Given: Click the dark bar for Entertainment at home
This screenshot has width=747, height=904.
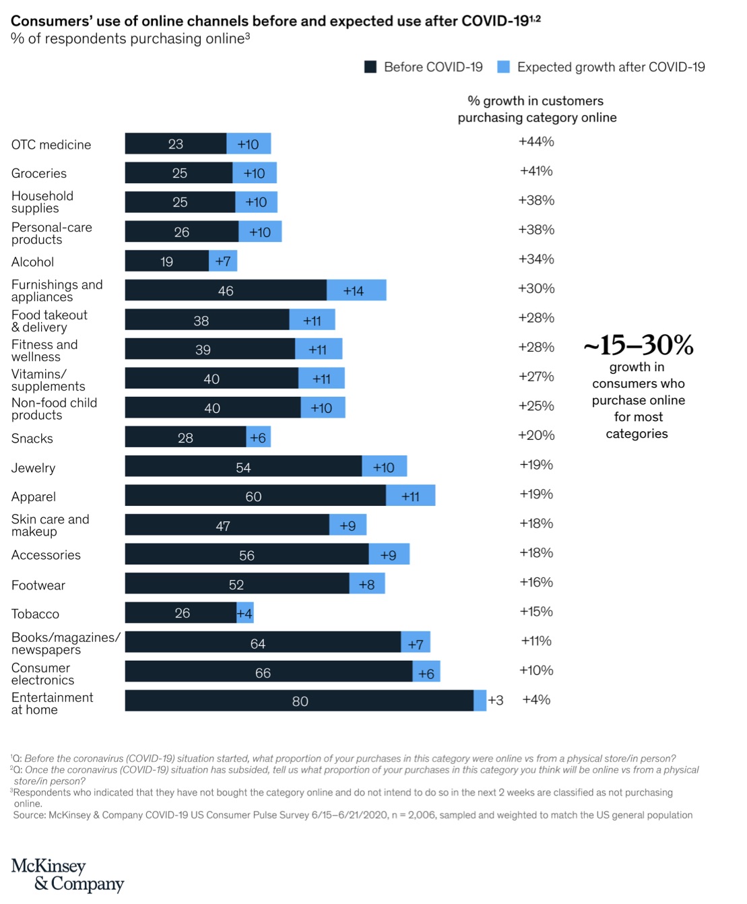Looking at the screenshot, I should click(x=299, y=701).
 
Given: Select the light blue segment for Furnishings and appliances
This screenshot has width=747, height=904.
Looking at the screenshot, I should click(x=356, y=290).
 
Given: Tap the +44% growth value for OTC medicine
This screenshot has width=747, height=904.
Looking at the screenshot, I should click(x=536, y=141).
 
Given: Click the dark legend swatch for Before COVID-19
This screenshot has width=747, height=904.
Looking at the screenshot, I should click(x=370, y=67).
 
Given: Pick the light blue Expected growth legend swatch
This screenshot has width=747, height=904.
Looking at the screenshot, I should click(x=503, y=67).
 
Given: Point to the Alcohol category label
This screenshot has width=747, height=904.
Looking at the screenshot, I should click(x=32, y=262).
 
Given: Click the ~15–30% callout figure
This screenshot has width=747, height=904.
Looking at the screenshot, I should click(x=638, y=345).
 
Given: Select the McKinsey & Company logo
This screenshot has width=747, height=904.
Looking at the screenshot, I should click(x=67, y=874).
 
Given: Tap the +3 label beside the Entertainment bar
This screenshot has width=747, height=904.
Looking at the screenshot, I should click(x=496, y=701).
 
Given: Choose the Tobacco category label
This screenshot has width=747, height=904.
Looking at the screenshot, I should click(x=35, y=614).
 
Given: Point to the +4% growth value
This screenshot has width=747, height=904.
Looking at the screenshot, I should click(x=536, y=700).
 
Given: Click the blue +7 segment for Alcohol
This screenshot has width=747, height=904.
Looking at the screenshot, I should click(x=223, y=261).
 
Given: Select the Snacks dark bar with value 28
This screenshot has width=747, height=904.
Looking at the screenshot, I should click(x=185, y=437).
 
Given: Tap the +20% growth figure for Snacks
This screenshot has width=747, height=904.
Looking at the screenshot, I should click(x=536, y=436).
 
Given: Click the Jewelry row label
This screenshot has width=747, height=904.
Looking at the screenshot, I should click(x=33, y=467).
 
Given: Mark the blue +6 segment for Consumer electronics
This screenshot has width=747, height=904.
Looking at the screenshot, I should click(x=426, y=672).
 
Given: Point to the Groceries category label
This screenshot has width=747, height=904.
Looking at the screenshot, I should click(x=39, y=173).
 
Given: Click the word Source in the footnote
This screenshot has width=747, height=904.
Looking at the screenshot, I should click(x=30, y=815).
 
